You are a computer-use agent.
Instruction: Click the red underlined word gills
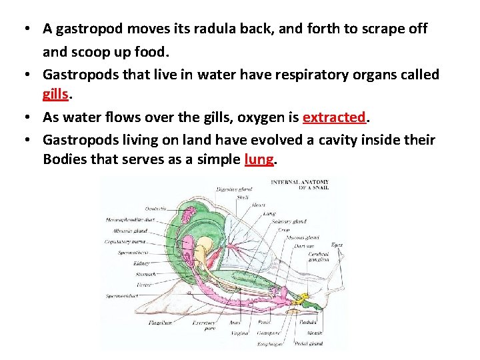[55, 95]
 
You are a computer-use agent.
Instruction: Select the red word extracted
[333, 117]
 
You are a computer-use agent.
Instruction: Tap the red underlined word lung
[259, 160]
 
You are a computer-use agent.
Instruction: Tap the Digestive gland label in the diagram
[233, 189]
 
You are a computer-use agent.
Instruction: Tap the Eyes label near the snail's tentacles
[337, 245]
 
